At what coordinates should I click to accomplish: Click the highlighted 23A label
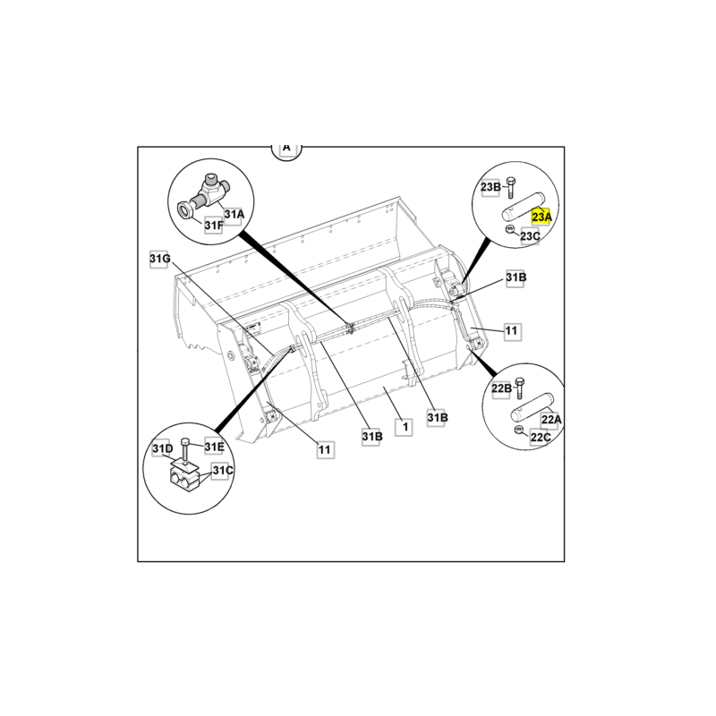pos(542,217)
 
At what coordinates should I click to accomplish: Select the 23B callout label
pos(491,187)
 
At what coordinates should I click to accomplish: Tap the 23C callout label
pos(530,236)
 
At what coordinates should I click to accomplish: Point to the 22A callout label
pos(551,419)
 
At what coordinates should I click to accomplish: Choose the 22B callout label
pos(501,388)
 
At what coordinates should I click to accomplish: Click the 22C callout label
pos(541,438)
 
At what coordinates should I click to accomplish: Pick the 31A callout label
pos(234,214)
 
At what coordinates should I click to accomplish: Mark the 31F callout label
pos(213,226)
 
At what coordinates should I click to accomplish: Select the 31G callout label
pos(159,260)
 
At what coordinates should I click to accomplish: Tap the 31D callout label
pos(161,447)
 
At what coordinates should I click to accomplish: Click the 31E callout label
pos(214,447)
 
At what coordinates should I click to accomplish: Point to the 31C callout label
pos(222,471)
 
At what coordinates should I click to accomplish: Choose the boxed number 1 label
pos(405,428)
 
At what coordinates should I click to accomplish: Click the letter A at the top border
pos(286,148)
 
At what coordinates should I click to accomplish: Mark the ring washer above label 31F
pos(184,211)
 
